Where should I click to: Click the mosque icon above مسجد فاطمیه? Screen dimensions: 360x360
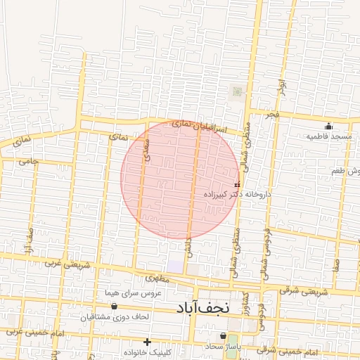[x=328, y=126]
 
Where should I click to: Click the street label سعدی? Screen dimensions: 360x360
[x=147, y=151]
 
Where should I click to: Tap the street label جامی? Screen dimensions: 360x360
[x=29, y=161]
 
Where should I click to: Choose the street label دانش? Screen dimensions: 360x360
[x=188, y=246]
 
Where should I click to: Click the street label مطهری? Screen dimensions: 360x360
[x=159, y=278]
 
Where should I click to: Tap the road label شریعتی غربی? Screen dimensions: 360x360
[x=68, y=266]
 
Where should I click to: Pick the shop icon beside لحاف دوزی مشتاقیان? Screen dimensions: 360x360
[x=114, y=307]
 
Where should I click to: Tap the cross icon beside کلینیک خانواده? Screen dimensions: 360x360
[x=147, y=342]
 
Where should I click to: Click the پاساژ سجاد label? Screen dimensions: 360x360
[x=223, y=347]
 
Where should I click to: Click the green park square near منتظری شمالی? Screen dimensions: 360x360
[x=237, y=91]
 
